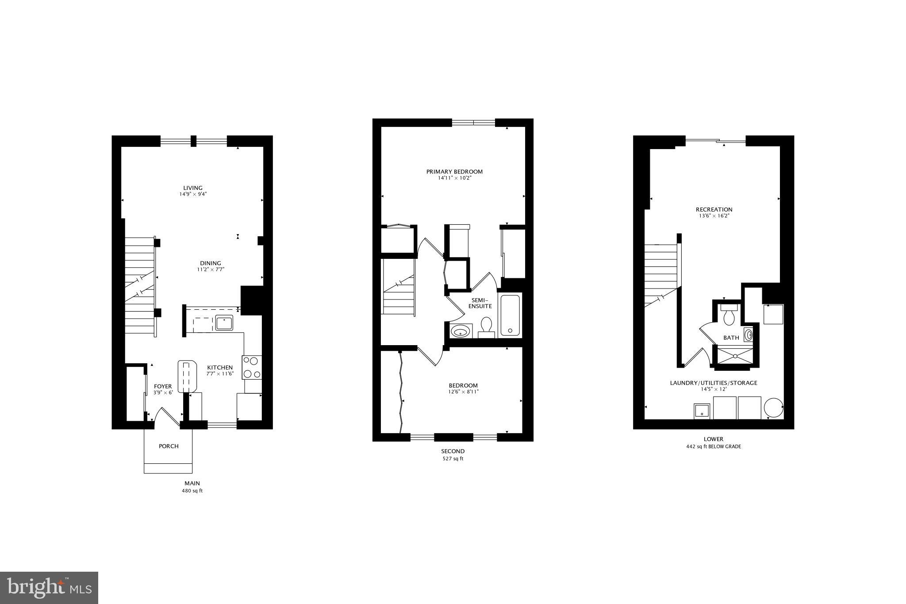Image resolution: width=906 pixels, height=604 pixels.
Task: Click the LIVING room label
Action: tap(193, 188)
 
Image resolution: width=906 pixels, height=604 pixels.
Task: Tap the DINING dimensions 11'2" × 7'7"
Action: tap(211, 269)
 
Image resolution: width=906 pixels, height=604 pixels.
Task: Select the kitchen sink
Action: tap(224, 322)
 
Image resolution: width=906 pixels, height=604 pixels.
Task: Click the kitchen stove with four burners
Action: tap(252, 367)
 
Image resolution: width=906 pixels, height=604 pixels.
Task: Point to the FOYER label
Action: tap(163, 386)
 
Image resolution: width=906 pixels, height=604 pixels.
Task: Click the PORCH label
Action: tap(169, 446)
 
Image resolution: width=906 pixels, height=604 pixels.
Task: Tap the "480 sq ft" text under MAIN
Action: tap(192, 491)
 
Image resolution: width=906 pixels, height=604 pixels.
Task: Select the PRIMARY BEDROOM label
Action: tap(454, 172)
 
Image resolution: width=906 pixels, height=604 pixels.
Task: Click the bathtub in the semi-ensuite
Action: tap(511, 315)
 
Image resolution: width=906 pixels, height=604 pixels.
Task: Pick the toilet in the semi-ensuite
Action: tap(487, 327)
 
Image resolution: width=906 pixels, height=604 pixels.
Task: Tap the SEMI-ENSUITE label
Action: tap(480, 303)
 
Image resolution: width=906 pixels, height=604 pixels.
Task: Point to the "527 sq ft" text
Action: tap(453, 459)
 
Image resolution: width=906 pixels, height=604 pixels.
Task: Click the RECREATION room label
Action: tap(714, 209)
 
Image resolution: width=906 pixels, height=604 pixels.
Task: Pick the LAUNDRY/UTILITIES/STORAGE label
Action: tap(714, 383)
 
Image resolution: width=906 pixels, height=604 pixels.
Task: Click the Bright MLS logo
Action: tap(49, 588)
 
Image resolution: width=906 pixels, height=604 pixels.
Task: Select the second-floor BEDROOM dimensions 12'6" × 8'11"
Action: tap(463, 392)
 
